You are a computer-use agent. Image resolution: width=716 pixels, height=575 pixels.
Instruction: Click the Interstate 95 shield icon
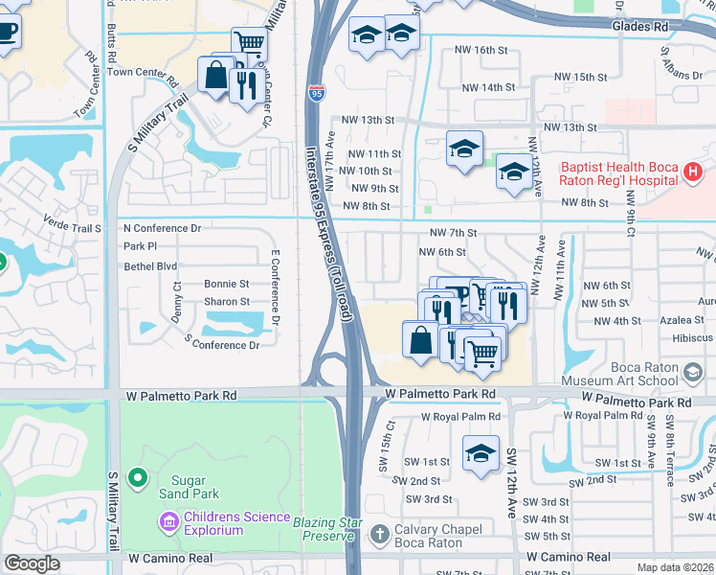tap(316, 93)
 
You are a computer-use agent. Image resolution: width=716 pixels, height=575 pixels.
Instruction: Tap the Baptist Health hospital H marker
tap(694, 172)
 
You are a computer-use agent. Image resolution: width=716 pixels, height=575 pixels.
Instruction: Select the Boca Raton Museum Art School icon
tap(694, 371)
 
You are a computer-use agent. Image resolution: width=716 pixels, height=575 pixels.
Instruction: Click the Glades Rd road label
tap(647, 28)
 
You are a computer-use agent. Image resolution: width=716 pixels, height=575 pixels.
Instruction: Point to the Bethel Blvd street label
tap(150, 265)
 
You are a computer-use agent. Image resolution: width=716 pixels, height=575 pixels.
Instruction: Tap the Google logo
tap(32, 563)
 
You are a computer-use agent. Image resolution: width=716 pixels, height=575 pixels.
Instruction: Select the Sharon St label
tap(226, 302)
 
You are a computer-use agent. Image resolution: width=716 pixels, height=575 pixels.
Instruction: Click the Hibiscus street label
tap(693, 338)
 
